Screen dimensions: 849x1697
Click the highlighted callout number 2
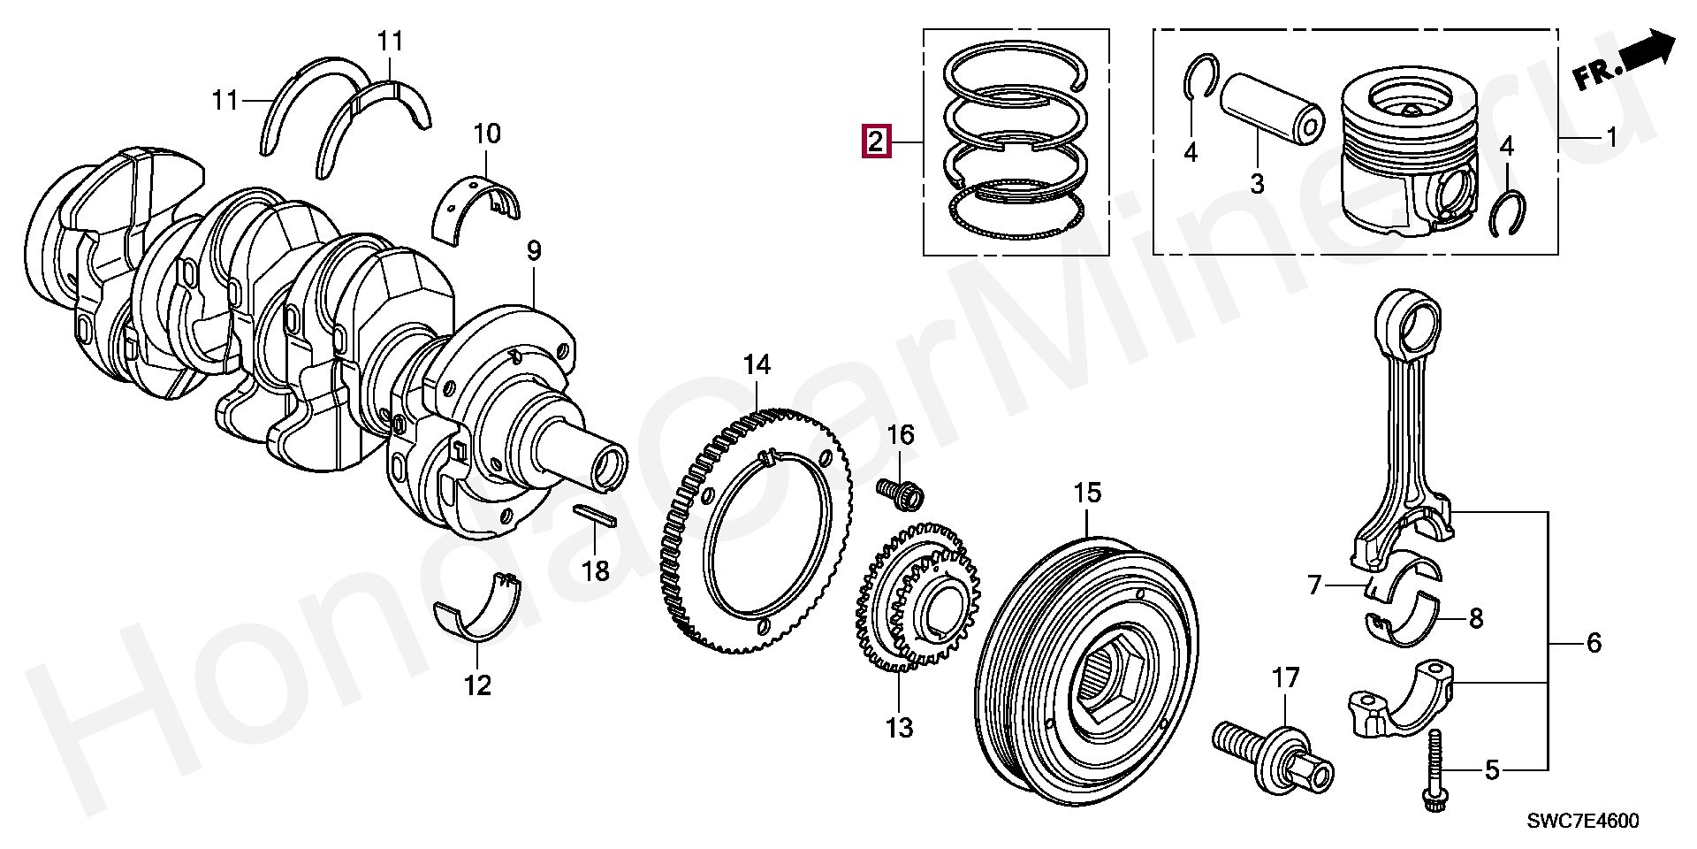(x=875, y=141)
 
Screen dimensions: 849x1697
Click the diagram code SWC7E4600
(x=1583, y=821)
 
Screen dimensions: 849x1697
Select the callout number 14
(x=757, y=364)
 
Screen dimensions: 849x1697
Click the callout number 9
(x=534, y=251)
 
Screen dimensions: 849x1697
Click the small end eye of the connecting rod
(x=1411, y=322)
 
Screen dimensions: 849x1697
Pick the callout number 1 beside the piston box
(x=1611, y=137)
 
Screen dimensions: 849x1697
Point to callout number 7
(x=1315, y=585)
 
